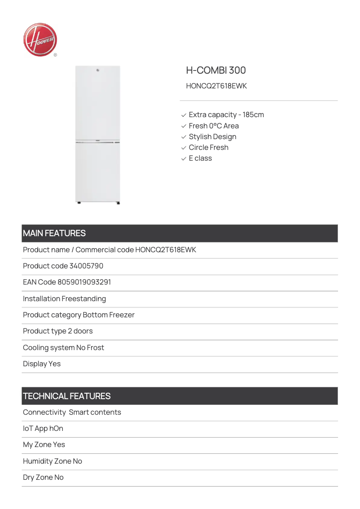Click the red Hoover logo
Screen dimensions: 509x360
[x=40, y=40]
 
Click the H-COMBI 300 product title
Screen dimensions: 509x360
[x=216, y=70]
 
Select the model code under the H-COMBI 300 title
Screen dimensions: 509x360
[x=216, y=86]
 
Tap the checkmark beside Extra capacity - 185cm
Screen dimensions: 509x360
[x=184, y=115]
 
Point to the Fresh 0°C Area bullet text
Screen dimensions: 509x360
[x=214, y=126]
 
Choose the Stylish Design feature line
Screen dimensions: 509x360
[x=212, y=137]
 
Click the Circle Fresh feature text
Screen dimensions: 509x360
[x=208, y=148]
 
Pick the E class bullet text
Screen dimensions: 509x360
[x=200, y=158]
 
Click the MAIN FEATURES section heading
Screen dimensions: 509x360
[x=54, y=233]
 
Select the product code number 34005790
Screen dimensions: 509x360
[x=86, y=266]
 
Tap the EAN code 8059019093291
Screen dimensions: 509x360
[x=84, y=282]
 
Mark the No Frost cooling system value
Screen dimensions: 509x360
[x=90, y=348]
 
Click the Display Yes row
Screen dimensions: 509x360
[x=42, y=364]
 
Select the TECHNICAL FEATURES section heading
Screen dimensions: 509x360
[x=67, y=396]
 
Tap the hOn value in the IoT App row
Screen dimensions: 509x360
[x=56, y=429]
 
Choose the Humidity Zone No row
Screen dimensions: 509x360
[x=53, y=461]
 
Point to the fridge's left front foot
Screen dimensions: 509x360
[x=79, y=203]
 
